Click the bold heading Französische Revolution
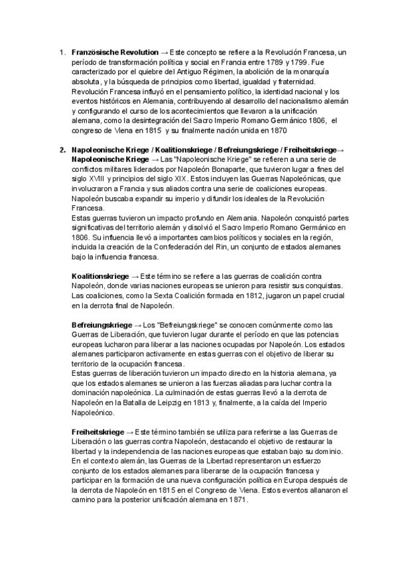tap(114, 51)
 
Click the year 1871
tap(236, 502)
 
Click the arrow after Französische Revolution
tap(164, 51)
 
